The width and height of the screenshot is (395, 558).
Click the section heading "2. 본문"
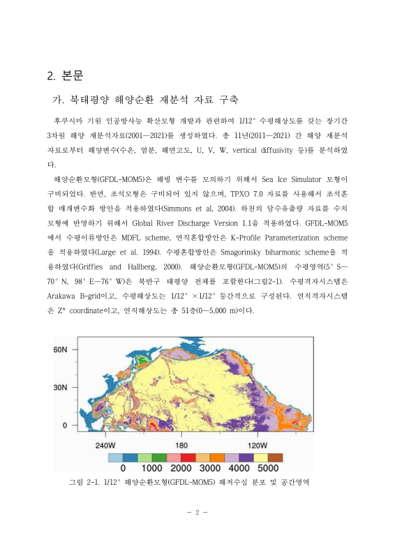pos(64,75)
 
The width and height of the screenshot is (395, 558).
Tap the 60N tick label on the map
pos(61,348)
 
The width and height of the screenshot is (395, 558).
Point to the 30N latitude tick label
pos(61,386)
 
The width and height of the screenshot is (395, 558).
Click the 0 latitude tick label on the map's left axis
pos(66,425)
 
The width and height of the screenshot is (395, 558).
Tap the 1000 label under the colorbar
pos(152,469)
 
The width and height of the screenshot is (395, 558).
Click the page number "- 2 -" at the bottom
pos(197,513)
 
